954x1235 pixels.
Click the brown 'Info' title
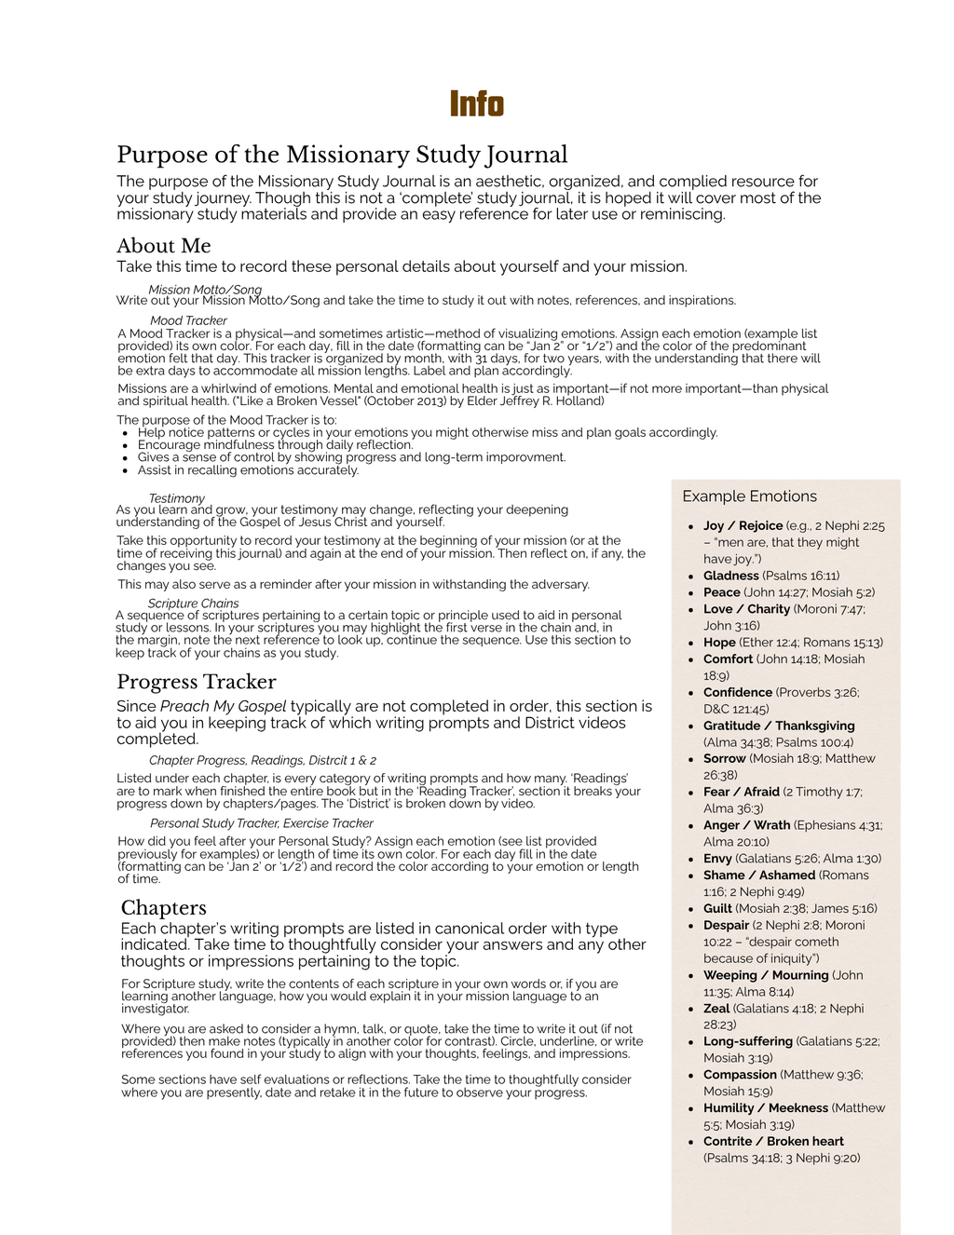[476, 103]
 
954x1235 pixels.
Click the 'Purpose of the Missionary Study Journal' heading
[342, 155]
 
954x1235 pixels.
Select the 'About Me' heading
[164, 246]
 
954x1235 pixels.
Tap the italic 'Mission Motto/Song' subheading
[205, 290]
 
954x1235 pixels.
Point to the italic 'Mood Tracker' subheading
[188, 320]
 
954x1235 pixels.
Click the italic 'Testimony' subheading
[176, 498]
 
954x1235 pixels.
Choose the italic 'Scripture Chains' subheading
[193, 604]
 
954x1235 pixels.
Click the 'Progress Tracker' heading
[196, 682]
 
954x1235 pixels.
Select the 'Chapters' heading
[164, 908]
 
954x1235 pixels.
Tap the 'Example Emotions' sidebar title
[749, 496]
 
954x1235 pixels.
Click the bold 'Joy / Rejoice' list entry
[743, 526]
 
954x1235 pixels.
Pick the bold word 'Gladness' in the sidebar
[731, 576]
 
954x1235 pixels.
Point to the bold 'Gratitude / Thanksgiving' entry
[779, 726]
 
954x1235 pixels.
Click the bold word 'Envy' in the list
[717, 859]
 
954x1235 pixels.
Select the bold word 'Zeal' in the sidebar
[716, 1009]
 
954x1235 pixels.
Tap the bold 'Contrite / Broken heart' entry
[773, 1142]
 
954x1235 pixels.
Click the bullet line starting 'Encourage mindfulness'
[275, 445]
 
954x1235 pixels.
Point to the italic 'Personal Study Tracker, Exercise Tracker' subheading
[262, 823]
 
